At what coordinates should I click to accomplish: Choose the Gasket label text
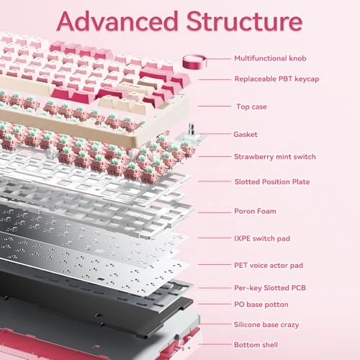click(x=246, y=134)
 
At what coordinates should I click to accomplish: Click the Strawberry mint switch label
click(x=274, y=156)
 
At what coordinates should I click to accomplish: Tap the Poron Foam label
click(x=255, y=211)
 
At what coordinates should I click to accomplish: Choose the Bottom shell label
click(x=257, y=346)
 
